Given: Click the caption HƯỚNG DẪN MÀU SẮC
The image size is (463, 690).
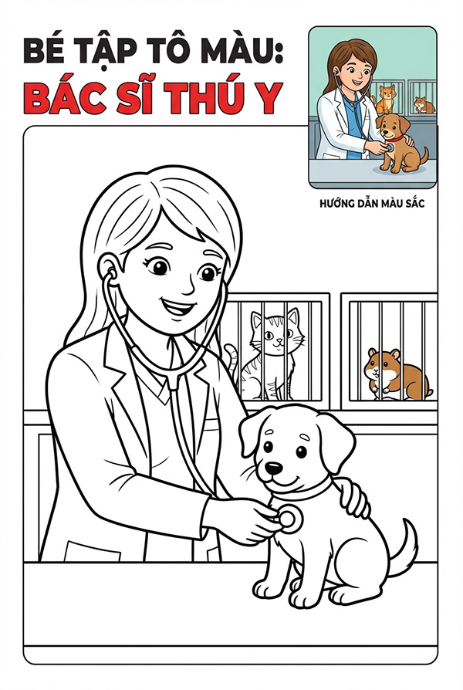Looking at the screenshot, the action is tap(373, 205).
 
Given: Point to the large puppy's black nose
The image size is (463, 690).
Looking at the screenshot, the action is tap(275, 467).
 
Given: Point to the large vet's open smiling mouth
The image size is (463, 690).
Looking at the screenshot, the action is tap(177, 306).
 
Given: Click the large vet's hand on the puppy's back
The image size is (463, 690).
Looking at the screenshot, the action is tap(356, 496).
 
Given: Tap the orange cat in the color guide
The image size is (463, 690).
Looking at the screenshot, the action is tap(385, 100).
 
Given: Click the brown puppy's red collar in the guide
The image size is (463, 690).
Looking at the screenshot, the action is tap(394, 138).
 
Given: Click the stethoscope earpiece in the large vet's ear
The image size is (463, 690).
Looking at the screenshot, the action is tap(112, 274).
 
